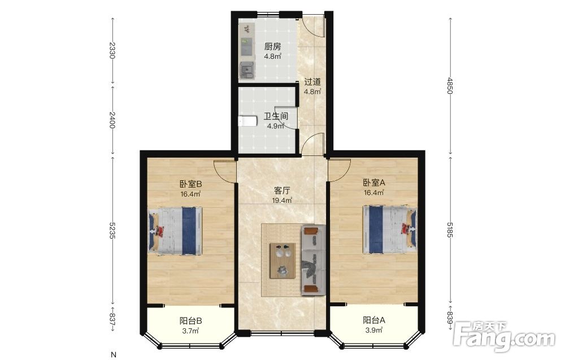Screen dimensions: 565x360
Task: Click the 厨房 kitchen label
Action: (x=272, y=46)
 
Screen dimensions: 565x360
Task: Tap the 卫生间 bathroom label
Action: (x=276, y=116)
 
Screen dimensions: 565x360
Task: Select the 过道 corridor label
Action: (x=312, y=82)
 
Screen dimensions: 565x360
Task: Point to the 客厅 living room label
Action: (x=282, y=190)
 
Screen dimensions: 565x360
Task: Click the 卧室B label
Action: (x=190, y=184)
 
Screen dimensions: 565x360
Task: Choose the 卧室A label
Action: (x=374, y=183)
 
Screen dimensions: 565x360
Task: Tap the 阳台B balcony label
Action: (x=190, y=320)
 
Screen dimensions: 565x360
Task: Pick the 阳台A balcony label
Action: (x=374, y=320)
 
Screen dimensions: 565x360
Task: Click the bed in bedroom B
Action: (x=175, y=231)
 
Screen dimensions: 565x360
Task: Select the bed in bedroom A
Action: (x=390, y=229)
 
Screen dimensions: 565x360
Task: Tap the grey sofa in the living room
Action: (x=314, y=260)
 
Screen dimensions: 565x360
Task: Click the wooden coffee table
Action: (x=283, y=260)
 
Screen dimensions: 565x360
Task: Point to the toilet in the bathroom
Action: (x=247, y=121)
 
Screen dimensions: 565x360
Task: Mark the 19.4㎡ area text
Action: (x=282, y=201)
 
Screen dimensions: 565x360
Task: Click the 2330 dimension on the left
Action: (x=112, y=50)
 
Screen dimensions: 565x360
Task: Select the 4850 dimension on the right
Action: (x=450, y=85)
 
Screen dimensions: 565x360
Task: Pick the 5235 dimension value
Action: (x=112, y=230)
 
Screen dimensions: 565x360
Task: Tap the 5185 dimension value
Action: (x=450, y=230)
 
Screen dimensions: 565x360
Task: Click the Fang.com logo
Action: (x=505, y=336)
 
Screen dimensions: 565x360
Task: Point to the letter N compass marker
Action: (x=114, y=354)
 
